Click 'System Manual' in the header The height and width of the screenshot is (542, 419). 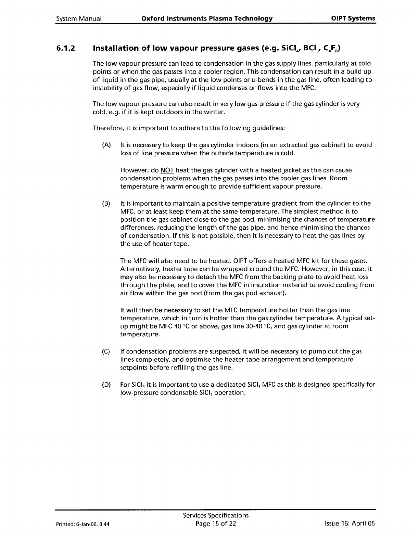pyautogui.click(x=78, y=18)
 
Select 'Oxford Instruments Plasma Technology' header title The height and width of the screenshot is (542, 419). pyautogui.click(x=207, y=18)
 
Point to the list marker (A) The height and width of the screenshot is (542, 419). pyautogui.click(x=106, y=145)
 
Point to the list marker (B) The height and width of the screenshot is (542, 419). pyautogui.click(x=106, y=204)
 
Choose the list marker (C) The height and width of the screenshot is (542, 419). pyautogui.click(x=106, y=352)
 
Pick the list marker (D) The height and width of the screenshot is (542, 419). pyautogui.click(x=106, y=385)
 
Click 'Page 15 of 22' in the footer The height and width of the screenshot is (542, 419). pyautogui.click(x=216, y=524)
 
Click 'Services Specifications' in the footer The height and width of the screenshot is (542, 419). pyautogui.click(x=216, y=516)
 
